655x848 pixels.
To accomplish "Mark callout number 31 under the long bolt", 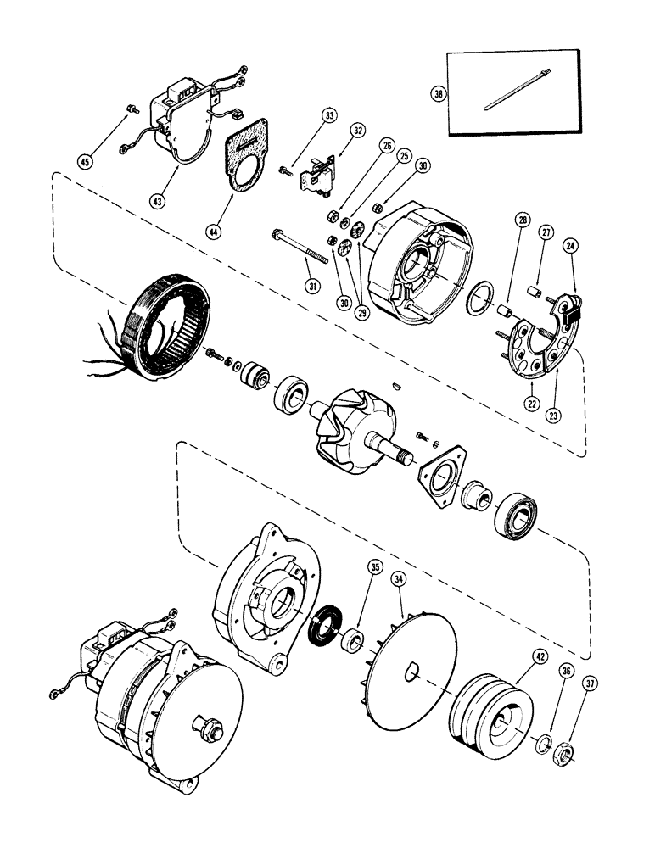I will click(314, 287).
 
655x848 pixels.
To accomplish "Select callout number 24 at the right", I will click(574, 246).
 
